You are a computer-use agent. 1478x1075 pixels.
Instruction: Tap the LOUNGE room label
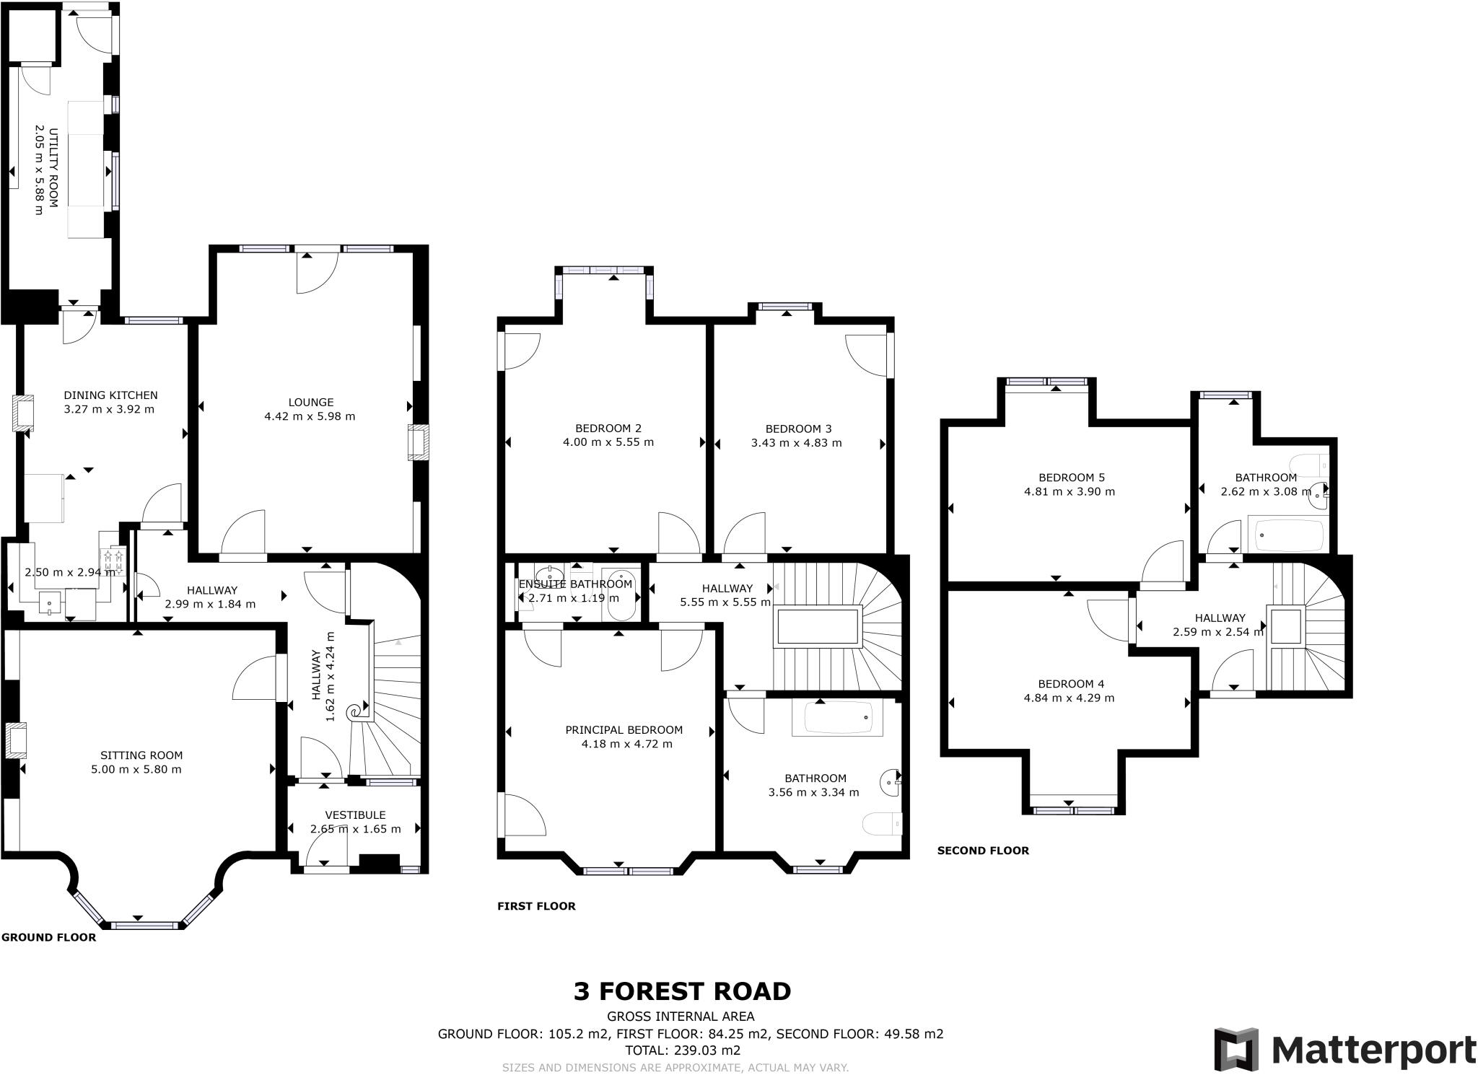point(311,403)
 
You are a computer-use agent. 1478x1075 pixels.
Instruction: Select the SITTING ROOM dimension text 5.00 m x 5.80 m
point(136,769)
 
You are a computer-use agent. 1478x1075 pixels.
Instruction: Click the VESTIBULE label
point(355,815)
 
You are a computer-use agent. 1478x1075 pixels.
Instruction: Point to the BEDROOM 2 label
point(608,428)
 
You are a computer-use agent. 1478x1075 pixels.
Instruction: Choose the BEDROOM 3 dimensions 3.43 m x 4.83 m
point(796,443)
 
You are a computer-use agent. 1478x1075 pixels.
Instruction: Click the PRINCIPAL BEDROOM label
point(624,729)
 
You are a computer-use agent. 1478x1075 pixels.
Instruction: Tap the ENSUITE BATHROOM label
point(575,584)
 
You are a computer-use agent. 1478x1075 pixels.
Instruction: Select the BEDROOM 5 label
point(1071,478)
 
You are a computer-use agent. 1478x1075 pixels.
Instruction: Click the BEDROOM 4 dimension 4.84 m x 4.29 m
point(1069,698)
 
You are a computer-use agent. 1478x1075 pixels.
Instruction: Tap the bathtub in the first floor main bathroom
point(836,719)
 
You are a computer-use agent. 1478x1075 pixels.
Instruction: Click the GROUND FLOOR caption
point(48,937)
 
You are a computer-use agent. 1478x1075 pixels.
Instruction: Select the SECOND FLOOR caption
point(982,851)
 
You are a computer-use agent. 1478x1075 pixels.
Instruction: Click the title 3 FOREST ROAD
point(682,991)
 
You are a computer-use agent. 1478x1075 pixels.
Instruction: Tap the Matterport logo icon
point(1236,1050)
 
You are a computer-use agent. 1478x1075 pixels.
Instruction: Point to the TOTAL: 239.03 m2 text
point(682,1050)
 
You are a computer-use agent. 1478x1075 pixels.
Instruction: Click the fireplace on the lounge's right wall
point(418,442)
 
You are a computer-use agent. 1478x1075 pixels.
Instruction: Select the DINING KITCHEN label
point(110,395)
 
